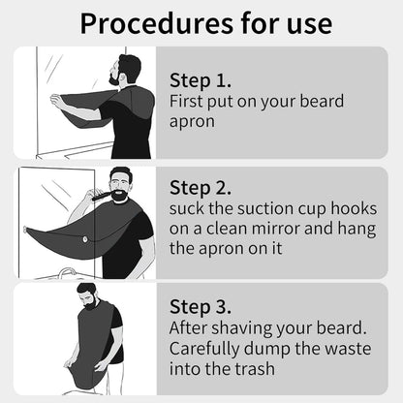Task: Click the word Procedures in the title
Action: [156, 23]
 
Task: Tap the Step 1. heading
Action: [201, 80]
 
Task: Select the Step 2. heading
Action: [201, 188]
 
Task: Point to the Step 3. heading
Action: [201, 306]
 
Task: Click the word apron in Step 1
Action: [192, 122]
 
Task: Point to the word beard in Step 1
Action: [322, 101]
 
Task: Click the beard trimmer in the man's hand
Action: [102, 195]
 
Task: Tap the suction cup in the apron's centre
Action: [85, 239]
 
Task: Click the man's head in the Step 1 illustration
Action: [124, 70]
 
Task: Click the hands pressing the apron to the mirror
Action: [56, 100]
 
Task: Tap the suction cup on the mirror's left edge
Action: [25, 230]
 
